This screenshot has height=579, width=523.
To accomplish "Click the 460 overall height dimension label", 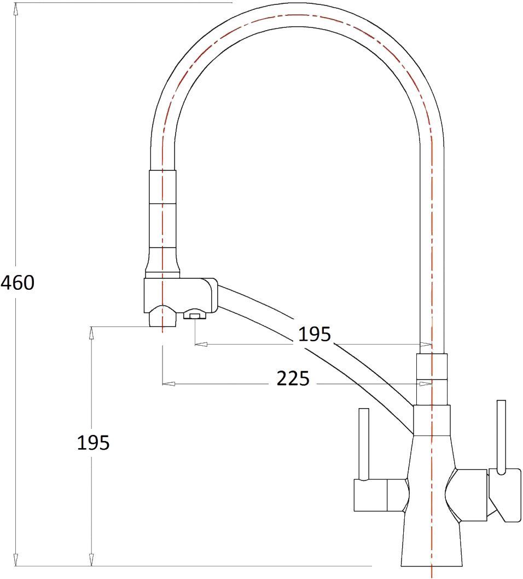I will (x=18, y=283).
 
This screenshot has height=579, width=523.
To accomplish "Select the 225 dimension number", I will (x=293, y=378).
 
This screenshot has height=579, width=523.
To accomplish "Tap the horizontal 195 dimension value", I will (x=315, y=334).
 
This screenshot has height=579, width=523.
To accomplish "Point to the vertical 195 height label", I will (x=93, y=443).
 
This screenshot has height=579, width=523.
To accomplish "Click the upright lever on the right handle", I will (x=501, y=435).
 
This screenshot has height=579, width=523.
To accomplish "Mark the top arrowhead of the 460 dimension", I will (x=16, y=9).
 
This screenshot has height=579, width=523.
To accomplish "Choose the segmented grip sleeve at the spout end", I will (x=162, y=219).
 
